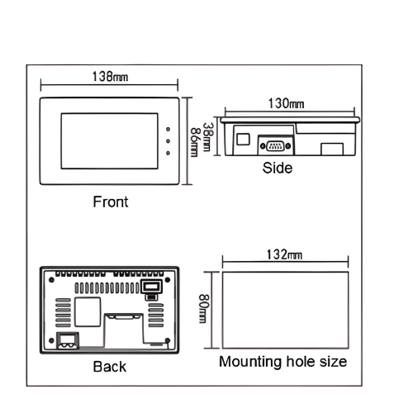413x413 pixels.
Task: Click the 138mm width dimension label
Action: coord(110,77)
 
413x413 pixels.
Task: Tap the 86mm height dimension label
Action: coord(194,142)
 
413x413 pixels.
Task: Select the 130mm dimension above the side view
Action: coord(287,104)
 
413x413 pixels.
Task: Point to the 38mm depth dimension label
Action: coord(207,137)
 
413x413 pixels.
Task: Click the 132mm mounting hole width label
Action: coord(284,254)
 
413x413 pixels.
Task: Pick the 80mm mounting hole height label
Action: coord(204,309)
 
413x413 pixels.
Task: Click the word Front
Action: coord(111,202)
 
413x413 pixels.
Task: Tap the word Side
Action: coord(278,168)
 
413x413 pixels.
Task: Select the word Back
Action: coord(110,367)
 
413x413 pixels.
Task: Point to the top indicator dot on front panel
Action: coord(168,129)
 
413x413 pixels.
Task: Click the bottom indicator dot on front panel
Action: coord(168,153)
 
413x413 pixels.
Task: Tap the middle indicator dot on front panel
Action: coord(168,141)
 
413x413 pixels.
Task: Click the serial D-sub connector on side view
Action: coord(275,146)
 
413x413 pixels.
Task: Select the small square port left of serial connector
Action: coord(243,139)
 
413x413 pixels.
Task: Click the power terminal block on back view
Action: coord(68,340)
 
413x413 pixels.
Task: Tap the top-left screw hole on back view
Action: coord(51,280)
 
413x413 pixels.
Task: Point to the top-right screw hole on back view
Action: coord(168,280)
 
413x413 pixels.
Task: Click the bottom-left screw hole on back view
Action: coord(51,340)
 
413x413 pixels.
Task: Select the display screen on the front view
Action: coord(110,141)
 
